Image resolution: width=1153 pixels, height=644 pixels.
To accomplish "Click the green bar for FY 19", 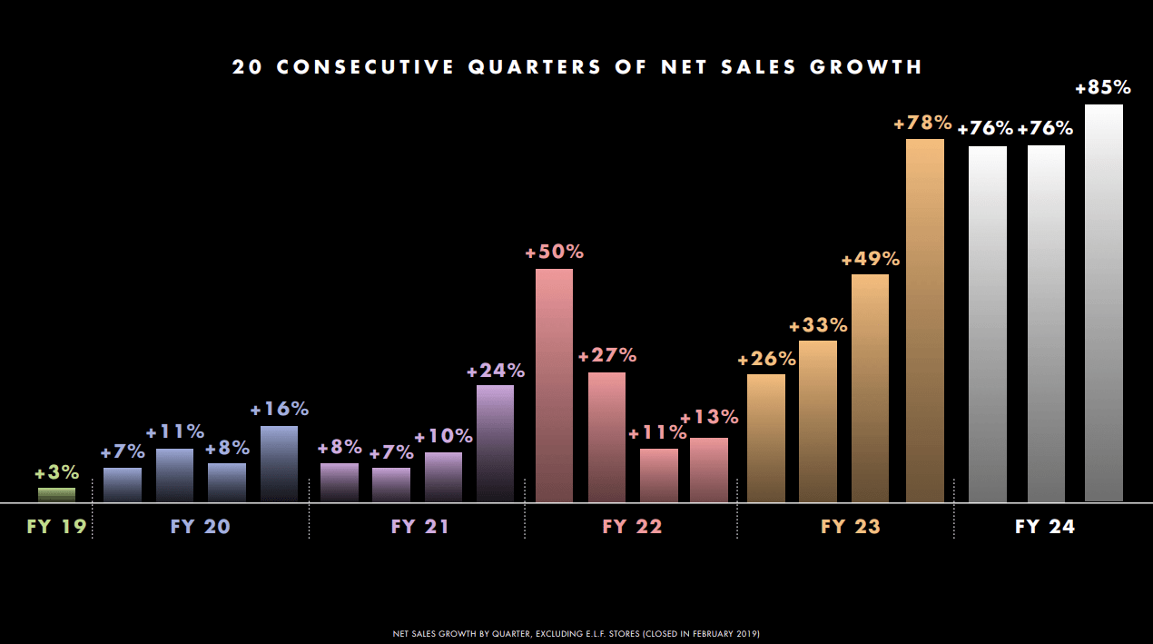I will pos(56,495).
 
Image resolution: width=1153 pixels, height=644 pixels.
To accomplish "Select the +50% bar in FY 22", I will pos(554,385).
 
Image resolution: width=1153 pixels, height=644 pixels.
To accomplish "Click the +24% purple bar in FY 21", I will pos(495,443).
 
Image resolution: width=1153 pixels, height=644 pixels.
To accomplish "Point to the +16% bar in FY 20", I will pos(279,464).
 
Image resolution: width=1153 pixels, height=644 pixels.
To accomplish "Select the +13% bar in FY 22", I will pos(708,470).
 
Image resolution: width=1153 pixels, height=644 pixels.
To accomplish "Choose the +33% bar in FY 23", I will pos(817,421).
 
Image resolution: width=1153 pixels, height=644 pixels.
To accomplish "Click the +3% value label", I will pos(56,473).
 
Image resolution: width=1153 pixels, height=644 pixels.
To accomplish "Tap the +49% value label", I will pos(871,259).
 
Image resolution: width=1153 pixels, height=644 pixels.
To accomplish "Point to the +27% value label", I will pos(607,355).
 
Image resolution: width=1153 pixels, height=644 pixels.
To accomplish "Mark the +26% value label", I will pos(766,359).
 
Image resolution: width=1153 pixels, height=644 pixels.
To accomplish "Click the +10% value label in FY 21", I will pos(443,436).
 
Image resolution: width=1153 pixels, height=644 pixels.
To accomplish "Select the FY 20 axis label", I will pos(201,527).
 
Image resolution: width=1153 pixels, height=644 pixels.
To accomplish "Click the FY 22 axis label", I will pos(633,527).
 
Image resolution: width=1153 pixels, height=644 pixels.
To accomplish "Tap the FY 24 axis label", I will pos(1045,527).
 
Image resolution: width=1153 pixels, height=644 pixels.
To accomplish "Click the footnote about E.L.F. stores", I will pos(576,632).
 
